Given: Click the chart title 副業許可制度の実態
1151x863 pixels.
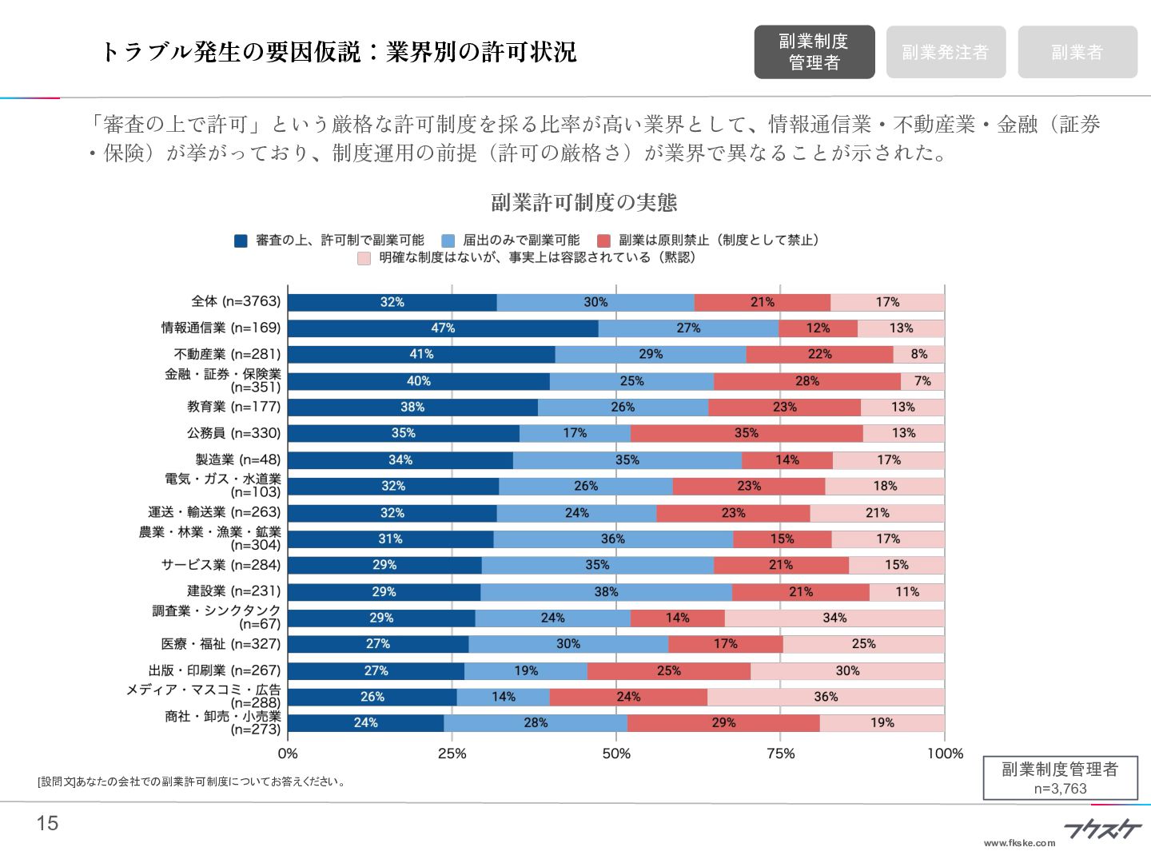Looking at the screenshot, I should pos(583,202).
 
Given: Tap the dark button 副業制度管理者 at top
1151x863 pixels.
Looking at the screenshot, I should pos(814,52).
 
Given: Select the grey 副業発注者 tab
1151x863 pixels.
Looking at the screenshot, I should pos(946,52).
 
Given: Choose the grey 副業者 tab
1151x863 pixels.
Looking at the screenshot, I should pos(1077,52).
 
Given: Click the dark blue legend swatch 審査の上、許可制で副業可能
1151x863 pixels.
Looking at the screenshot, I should pos(241,241).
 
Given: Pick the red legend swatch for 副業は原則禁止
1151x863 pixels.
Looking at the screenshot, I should pos(603,241).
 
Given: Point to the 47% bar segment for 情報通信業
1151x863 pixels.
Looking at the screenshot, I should pos(443,328).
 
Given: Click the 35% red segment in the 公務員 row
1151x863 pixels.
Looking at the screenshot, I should pos(746,433).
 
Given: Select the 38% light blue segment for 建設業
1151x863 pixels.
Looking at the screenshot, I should pos(606,592).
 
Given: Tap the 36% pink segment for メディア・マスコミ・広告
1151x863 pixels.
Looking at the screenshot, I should pos(826,697).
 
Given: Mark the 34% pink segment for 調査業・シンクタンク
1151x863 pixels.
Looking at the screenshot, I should pos(834,618).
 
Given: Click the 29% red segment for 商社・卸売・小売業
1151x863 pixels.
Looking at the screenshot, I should pos(723,723).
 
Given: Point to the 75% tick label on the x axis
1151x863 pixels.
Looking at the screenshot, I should pos(780,754).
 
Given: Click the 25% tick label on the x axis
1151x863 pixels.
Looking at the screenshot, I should pos(452,754).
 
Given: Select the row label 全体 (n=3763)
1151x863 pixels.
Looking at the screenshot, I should pos(236,301).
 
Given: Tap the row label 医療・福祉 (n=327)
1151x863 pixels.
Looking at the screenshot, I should pos(221,644).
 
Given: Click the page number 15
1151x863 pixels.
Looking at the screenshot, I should pos(48,823).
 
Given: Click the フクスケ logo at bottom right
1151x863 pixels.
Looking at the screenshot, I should pos(1102,829).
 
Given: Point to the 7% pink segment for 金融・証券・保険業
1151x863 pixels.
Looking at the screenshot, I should pos(922,381).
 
